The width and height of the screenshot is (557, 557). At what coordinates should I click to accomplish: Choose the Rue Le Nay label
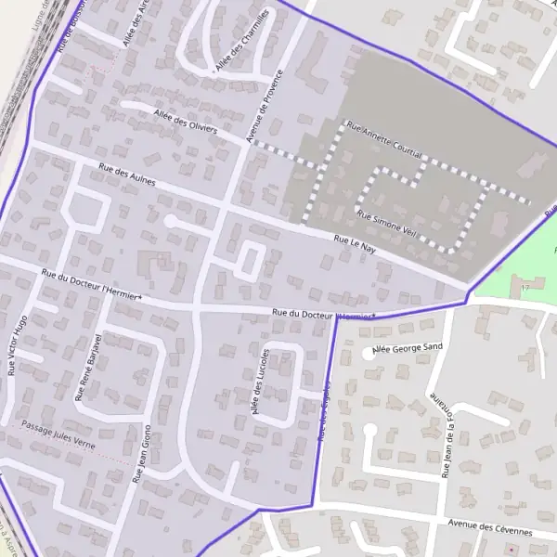tap(356, 246)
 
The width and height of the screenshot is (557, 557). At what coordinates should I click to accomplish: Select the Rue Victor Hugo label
tap(12, 343)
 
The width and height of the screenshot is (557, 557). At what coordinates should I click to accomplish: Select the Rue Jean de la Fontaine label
tap(448, 434)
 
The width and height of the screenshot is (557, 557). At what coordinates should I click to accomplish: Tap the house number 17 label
tap(525, 290)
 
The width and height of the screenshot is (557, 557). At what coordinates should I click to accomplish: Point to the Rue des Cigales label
tap(325, 408)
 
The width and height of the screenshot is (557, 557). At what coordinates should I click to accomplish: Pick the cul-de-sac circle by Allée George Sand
tap(369, 353)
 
